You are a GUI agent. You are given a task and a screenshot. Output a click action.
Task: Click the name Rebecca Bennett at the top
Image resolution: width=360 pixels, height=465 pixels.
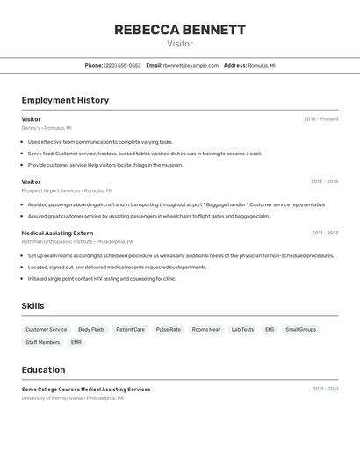pos(180,30)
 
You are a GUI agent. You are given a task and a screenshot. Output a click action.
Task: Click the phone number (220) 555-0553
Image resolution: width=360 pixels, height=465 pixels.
pos(122,65)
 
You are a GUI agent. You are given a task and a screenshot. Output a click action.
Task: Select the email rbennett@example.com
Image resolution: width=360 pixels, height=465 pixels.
pos(191,65)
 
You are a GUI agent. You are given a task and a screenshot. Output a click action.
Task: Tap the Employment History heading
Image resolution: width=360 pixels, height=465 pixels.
pos(65,100)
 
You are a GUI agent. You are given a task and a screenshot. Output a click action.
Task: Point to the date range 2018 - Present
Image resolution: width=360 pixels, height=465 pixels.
pos(320,119)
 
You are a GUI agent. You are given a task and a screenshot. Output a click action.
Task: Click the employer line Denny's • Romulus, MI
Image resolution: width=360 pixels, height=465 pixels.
pos(47,128)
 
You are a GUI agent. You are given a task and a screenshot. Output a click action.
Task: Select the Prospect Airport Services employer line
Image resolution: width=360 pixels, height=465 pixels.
pos(66,190)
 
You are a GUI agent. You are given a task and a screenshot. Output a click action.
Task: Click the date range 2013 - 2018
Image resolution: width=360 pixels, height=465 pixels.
pos(324,182)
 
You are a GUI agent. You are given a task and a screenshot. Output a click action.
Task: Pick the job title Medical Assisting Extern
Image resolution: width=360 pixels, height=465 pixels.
pos(57,232)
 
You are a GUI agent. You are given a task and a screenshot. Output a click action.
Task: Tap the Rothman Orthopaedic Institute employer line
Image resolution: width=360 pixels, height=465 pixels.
pos(77,241)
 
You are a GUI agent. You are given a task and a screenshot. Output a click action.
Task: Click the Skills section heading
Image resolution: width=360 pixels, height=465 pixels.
pos(33,305)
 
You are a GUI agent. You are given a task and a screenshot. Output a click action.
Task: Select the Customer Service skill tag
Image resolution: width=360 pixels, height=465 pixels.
pos(46,330)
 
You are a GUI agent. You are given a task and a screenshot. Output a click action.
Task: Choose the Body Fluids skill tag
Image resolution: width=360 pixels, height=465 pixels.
pos(91,330)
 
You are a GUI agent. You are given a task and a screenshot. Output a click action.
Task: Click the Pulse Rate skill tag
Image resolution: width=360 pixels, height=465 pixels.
pos(169,330)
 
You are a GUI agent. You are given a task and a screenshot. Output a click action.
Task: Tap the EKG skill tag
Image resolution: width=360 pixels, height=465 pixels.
pos(270,330)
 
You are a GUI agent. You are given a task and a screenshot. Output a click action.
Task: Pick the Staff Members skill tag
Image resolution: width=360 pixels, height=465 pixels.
pos(43,342)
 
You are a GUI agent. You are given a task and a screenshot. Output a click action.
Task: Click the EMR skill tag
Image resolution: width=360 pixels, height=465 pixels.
pos(76,342)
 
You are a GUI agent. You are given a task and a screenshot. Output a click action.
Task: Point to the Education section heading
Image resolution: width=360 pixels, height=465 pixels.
pos(43,369)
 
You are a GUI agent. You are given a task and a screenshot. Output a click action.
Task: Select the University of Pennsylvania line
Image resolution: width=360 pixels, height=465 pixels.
pos(72,398)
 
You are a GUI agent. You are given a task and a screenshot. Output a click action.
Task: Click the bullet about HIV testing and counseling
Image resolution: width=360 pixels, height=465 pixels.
pos(102,279)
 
